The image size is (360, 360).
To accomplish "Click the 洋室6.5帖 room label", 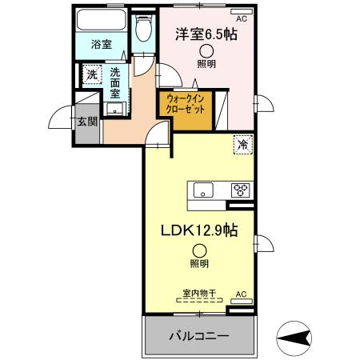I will coord(206,35).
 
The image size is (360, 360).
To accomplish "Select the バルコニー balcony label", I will coord(200,335).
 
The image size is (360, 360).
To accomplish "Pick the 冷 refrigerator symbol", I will coord(241,145).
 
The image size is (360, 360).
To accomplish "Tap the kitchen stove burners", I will coord(241,190).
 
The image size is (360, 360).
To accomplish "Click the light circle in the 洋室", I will coord(206,51).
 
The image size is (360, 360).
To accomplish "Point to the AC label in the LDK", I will coord(241,294).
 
